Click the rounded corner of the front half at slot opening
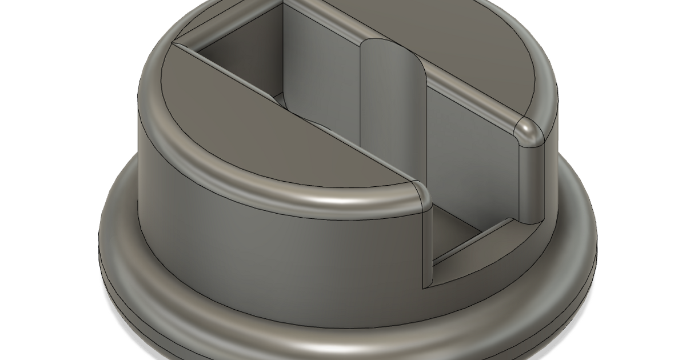(x=420, y=194)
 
